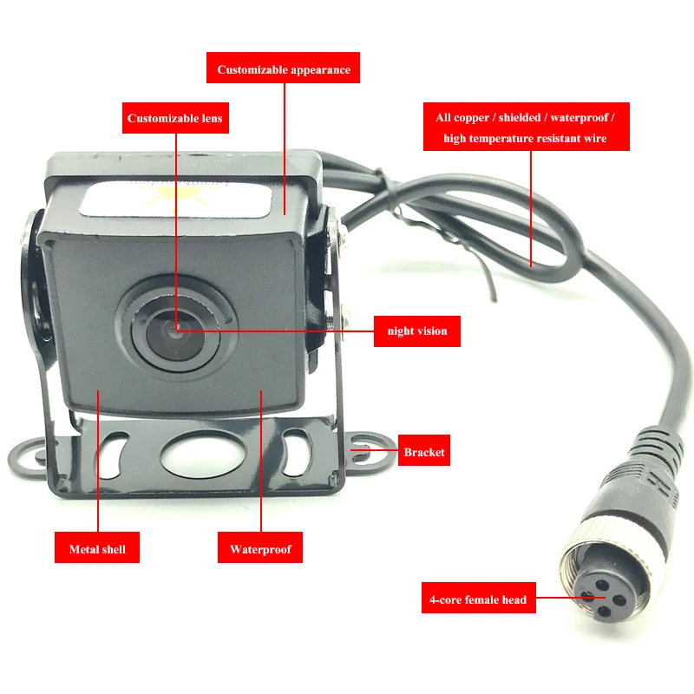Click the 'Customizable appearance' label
click(284, 69)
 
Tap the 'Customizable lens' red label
click(175, 118)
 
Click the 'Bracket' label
click(423, 452)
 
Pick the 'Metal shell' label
click(97, 548)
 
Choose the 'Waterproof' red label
click(260, 548)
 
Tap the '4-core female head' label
click(477, 599)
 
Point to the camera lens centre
click(175, 331)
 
